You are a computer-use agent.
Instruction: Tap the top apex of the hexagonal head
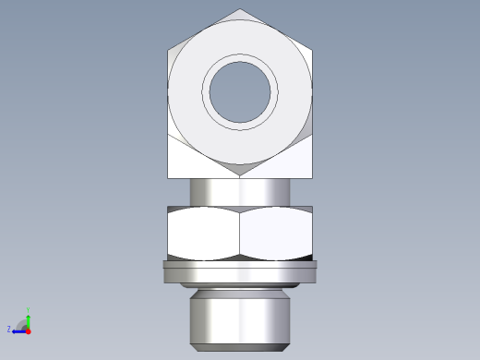pyautogui.click(x=241, y=10)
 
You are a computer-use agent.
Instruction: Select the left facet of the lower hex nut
pyautogui.click(x=203, y=233)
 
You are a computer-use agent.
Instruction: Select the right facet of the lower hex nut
pyautogui.click(x=277, y=233)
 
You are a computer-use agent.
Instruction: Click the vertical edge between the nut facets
pyautogui.click(x=240, y=233)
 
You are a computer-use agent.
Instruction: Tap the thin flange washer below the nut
pyautogui.click(x=240, y=271)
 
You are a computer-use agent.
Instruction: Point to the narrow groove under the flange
pyautogui.click(x=240, y=289)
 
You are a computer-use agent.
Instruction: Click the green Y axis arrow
pyautogui.click(x=28, y=319)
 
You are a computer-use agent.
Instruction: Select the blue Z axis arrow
pyautogui.click(x=18, y=330)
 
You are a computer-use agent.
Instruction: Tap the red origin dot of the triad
pyautogui.click(x=28, y=330)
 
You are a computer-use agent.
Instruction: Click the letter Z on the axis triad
pyautogui.click(x=8, y=329)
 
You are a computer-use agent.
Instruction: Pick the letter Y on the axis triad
pyautogui.click(x=29, y=310)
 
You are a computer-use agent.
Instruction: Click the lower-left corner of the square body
pyautogui.click(x=168, y=177)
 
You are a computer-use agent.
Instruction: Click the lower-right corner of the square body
pyautogui.click(x=312, y=177)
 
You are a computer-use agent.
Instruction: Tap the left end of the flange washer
pyautogui.click(x=164, y=271)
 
